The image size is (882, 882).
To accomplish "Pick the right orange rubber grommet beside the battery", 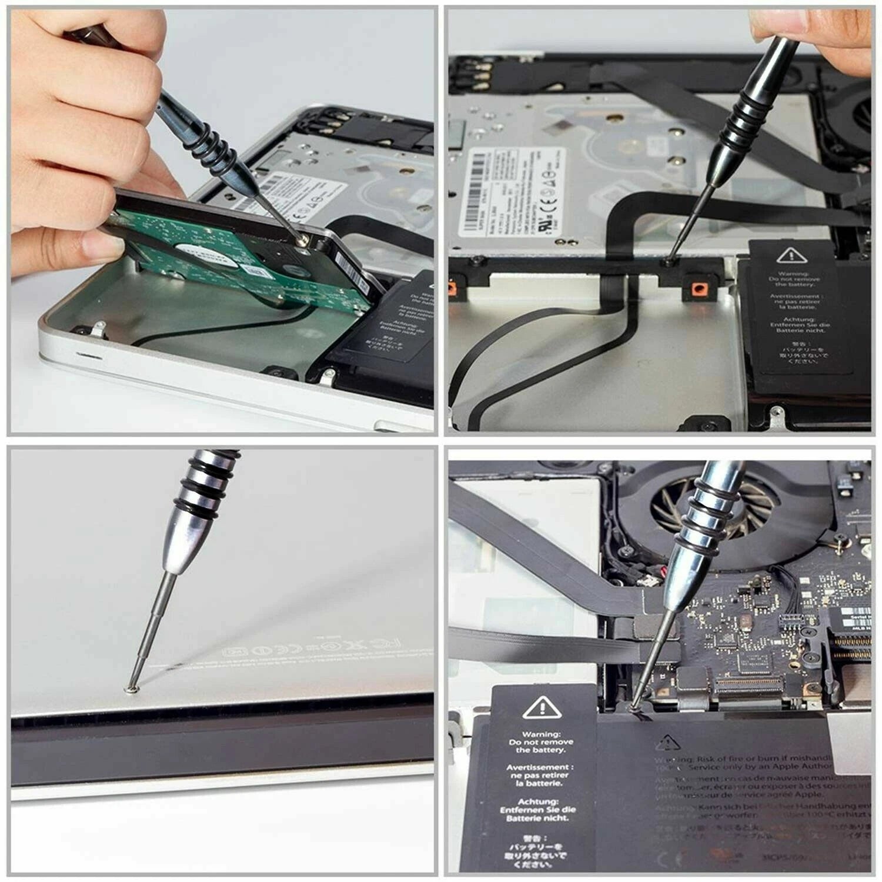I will click(x=698, y=288).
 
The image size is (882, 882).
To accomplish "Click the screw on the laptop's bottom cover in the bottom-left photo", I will click(x=133, y=685).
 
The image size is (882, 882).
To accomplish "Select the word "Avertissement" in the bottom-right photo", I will click(x=540, y=767).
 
